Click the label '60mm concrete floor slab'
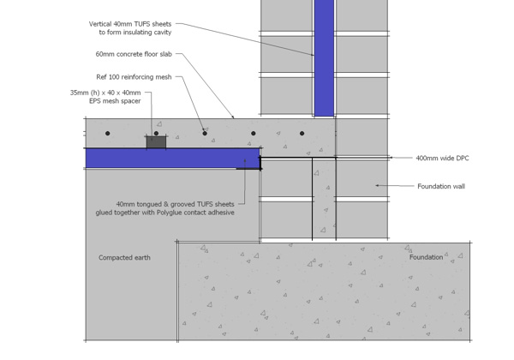click(x=134, y=54)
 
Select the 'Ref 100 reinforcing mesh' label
click(x=134, y=77)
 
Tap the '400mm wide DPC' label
click(x=442, y=158)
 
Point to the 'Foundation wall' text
click(x=441, y=186)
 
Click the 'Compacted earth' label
click(x=124, y=258)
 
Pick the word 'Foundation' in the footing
click(x=426, y=257)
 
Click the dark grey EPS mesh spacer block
click(x=156, y=142)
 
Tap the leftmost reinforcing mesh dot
click(x=108, y=134)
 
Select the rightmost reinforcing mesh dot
click(x=302, y=134)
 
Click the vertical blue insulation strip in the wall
click(x=324, y=58)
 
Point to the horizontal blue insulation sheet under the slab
click(x=173, y=158)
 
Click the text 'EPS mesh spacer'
click(x=115, y=101)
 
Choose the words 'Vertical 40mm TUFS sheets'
click(x=130, y=24)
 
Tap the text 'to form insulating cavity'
click(x=135, y=32)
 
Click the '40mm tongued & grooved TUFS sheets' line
click(x=175, y=204)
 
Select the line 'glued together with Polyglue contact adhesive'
click(x=164, y=213)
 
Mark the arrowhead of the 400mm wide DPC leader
click(x=391, y=158)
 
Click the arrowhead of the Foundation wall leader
click(x=377, y=185)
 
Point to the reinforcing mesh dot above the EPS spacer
click(x=156, y=134)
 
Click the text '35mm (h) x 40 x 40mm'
click(x=105, y=93)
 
